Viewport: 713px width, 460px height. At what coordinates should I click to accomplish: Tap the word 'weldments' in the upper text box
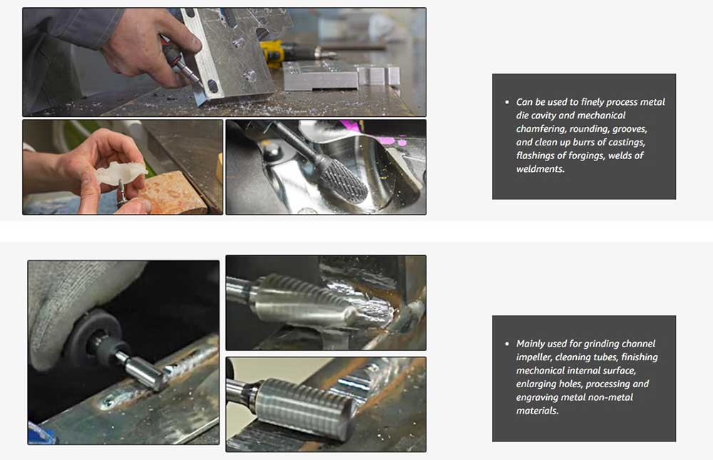540,169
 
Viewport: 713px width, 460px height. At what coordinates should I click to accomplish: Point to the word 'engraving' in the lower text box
537,398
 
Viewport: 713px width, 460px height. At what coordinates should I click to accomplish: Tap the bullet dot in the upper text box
507,103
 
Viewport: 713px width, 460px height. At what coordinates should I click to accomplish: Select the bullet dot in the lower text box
507,344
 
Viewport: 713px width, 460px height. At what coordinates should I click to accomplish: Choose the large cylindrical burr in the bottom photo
306,407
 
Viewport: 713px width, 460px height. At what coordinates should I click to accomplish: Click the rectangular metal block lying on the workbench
321,76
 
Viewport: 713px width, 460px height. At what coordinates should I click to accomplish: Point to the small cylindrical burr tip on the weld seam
146,372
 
